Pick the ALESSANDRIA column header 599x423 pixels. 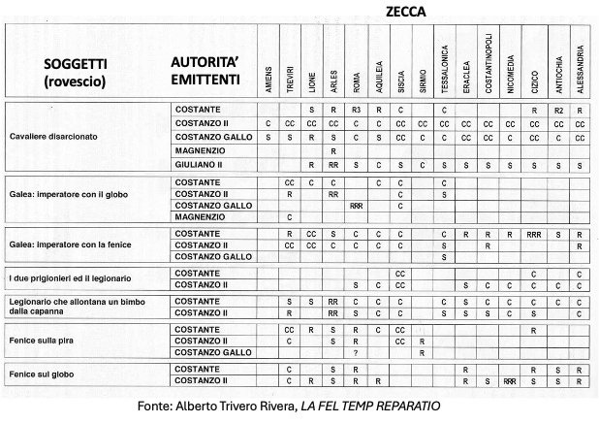click(580, 68)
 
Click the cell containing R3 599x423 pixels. click(356, 110)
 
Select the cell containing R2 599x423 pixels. click(557, 110)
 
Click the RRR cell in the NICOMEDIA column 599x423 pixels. click(511, 382)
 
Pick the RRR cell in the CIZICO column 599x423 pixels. click(534, 234)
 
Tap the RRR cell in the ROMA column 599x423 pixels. click(356, 206)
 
